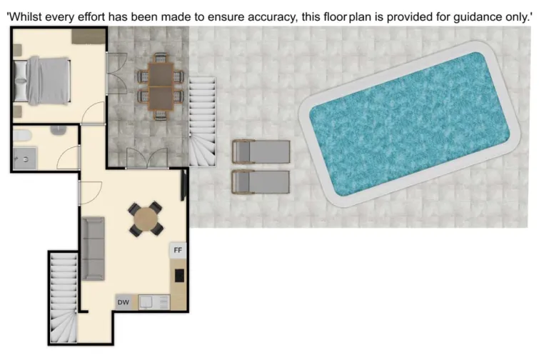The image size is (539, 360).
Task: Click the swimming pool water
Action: [x=410, y=124]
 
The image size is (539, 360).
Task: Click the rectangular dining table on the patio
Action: [x=161, y=86]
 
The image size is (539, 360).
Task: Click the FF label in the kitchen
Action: [x=178, y=251]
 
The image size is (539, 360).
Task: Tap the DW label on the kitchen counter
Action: [x=123, y=303]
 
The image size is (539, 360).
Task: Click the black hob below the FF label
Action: [x=178, y=274]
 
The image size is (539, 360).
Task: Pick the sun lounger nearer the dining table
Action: [x=261, y=151]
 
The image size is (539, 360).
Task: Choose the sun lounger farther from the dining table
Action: [x=261, y=182]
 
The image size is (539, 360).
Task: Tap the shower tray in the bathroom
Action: [x=26, y=158]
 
